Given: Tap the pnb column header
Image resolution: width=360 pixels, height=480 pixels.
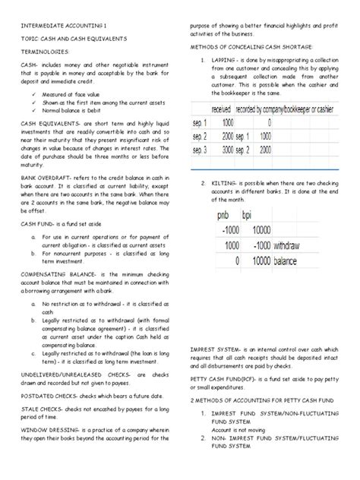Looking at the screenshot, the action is (x=223, y=216).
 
